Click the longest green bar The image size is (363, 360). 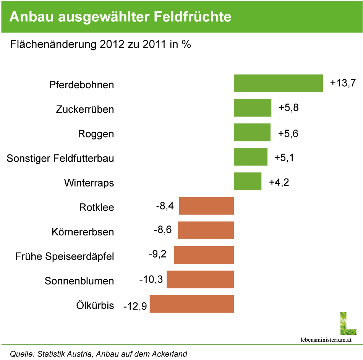click(278, 83)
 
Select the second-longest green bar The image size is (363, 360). click(253, 108)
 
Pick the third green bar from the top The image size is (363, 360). click(252, 132)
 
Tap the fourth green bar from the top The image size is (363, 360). click(250, 157)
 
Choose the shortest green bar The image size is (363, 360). click(248, 181)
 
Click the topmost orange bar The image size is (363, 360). click(206, 206)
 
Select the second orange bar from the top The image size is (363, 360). click(206, 230)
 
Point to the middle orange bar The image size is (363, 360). click(204, 255)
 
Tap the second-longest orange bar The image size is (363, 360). click(200, 279)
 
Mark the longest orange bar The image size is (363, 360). click(191, 304)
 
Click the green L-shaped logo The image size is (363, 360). click(348, 324)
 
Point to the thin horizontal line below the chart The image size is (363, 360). click(181, 344)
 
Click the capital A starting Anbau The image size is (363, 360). click(14, 17)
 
